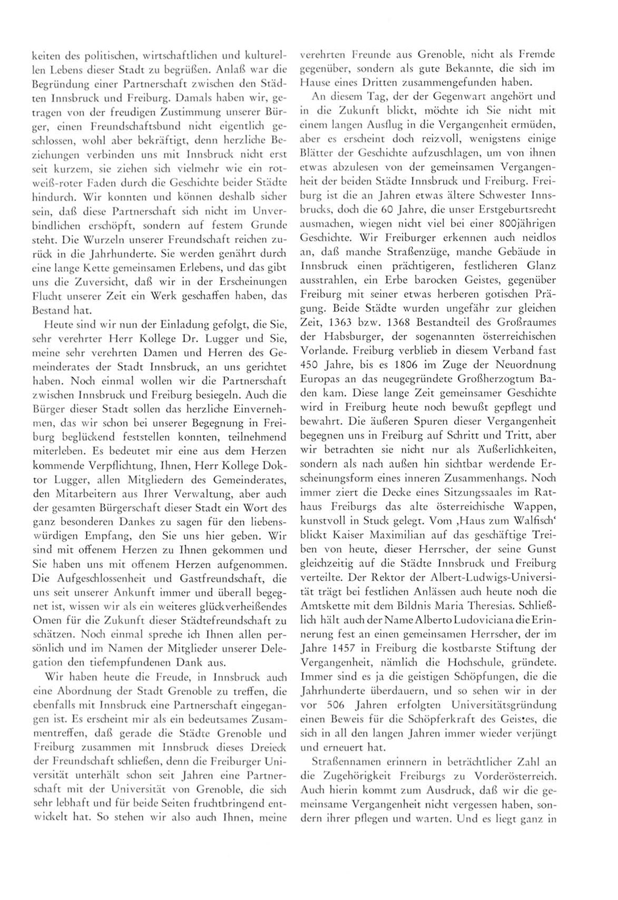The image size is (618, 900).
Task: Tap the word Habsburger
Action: pyautogui.click(x=343, y=336)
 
